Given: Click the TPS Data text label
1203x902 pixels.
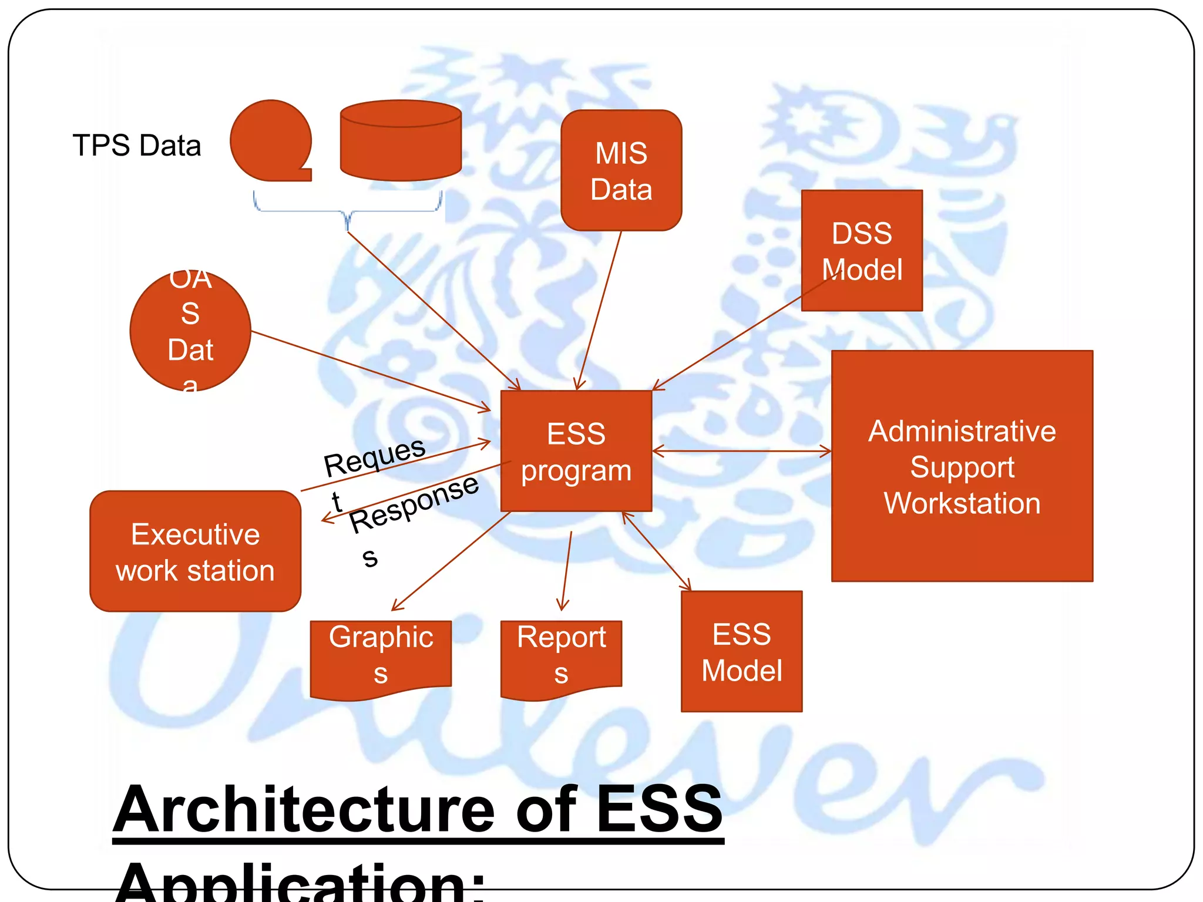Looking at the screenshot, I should point(136,145).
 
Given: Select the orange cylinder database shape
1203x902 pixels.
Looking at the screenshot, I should point(401,141).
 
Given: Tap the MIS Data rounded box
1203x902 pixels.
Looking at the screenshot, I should point(621,170).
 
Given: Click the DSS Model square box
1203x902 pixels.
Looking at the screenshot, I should point(861,251).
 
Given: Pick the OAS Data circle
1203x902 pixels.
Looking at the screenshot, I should point(190,331).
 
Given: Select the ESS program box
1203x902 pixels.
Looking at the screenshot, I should point(576,451).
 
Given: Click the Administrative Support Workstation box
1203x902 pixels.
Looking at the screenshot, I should point(962,466).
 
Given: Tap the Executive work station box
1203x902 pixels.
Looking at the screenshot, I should point(195,551).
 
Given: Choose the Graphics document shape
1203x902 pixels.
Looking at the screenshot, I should point(381,656).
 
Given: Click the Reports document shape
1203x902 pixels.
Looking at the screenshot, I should point(561,656).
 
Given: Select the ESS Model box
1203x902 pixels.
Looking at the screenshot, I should point(741,651).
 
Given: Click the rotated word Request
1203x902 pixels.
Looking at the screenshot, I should point(375,456).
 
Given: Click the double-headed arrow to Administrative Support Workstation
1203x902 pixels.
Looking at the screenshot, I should point(741,451).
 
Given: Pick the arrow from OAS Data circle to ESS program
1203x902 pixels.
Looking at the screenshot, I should point(370,371).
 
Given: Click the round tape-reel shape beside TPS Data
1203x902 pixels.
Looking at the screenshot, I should point(270,141).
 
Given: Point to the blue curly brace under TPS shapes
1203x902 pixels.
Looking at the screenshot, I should point(348,211).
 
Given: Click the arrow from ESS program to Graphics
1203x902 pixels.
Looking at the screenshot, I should point(451,561).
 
